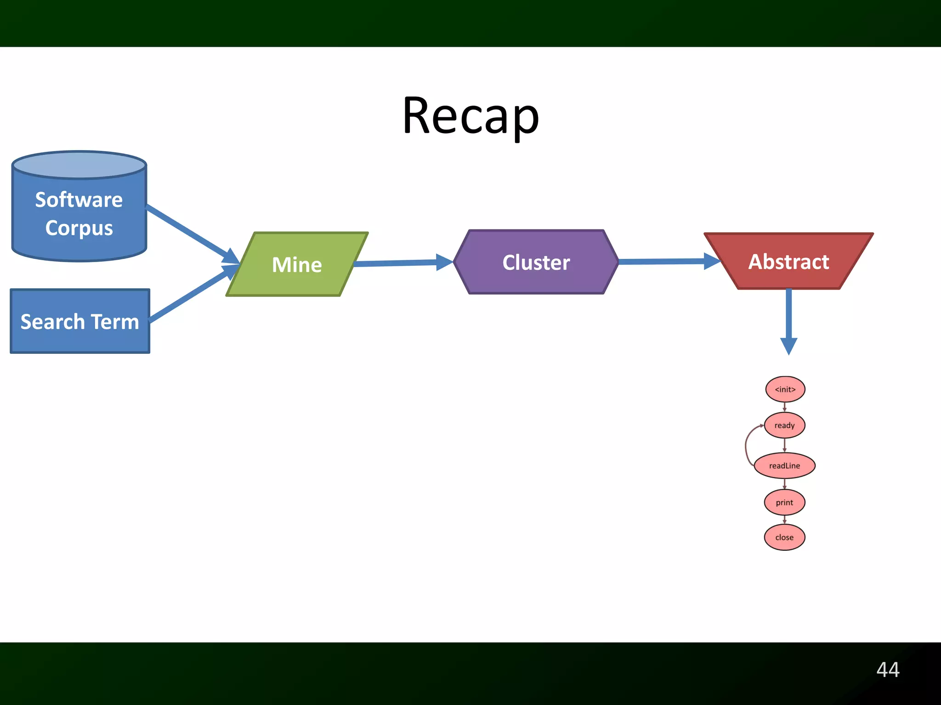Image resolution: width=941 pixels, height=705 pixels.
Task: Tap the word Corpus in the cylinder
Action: coord(79,228)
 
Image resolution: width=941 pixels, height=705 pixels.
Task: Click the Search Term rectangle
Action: coord(80,321)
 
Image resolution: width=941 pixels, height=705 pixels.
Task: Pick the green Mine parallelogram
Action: coord(297,264)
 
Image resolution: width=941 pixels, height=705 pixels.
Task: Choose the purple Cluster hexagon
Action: coord(536,262)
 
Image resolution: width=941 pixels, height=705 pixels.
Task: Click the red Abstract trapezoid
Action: coord(788,262)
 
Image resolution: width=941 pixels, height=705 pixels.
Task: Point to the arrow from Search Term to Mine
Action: coord(188,296)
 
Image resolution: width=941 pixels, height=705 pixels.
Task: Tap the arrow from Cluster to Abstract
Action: coord(662,262)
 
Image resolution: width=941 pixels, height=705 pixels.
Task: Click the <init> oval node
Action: coord(785,389)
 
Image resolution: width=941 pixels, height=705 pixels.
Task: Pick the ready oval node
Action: coord(784,425)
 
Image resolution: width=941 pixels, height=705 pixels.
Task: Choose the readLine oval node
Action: coord(784,465)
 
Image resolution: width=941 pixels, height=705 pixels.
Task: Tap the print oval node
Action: coord(784,502)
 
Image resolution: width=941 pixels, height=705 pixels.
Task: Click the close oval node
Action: coord(784,537)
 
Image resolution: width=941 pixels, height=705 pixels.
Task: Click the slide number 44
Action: coord(888,670)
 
